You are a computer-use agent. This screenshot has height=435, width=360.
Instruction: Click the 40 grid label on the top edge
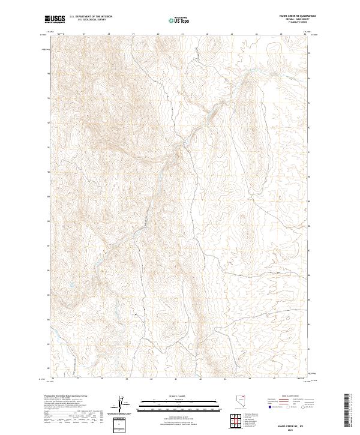click(x=157, y=34)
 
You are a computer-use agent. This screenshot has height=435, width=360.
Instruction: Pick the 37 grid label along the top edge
click(x=84, y=34)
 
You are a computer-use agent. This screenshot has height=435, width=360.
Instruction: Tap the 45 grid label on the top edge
click(x=281, y=34)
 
